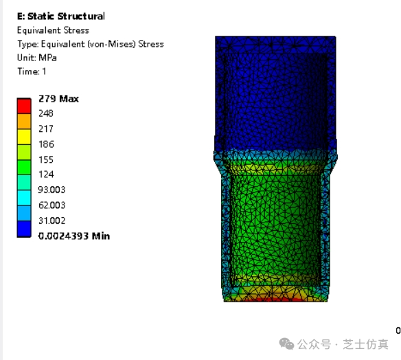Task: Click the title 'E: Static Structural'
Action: [x=61, y=16]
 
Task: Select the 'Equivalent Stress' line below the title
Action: [x=53, y=30]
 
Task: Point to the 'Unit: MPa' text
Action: [x=37, y=58]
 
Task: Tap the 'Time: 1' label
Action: [x=32, y=71]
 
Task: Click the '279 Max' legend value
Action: [x=58, y=99]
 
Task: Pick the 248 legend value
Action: [x=46, y=113]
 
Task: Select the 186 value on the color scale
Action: [x=46, y=144]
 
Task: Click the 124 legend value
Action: [x=46, y=175]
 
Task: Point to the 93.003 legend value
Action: [x=51, y=190]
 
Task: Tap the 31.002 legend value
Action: [x=52, y=221]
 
